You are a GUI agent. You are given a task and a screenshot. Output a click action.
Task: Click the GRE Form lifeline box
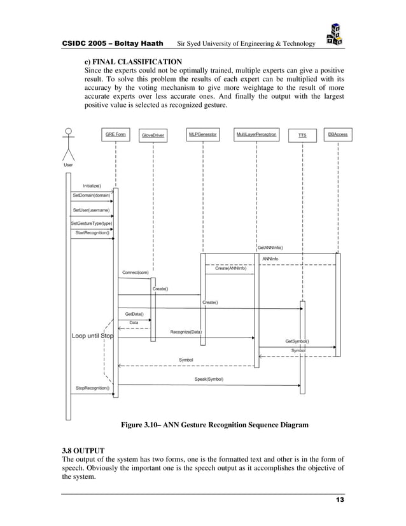point(115,134)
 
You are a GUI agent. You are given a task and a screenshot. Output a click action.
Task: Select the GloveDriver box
point(153,135)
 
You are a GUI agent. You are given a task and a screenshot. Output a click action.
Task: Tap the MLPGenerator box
point(202,134)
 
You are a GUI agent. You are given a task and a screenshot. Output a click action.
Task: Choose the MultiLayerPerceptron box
point(256,134)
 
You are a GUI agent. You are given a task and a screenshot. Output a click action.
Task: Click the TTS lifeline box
point(302,135)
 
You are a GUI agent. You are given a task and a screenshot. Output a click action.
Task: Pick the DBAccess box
point(337,134)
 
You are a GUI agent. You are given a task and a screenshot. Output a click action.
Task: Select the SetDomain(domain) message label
point(91,195)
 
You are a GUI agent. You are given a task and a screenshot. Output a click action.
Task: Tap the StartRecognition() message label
point(92,232)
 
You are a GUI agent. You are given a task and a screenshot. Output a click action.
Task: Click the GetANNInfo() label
point(270,247)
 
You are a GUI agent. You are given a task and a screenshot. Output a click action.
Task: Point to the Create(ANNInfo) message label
point(230,268)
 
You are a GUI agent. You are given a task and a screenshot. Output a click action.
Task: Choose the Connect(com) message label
point(136,273)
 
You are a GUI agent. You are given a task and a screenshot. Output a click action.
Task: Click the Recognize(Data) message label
point(186,332)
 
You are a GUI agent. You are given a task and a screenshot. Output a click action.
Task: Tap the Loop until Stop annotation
point(92,336)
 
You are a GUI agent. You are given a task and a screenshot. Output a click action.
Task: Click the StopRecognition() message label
point(92,388)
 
